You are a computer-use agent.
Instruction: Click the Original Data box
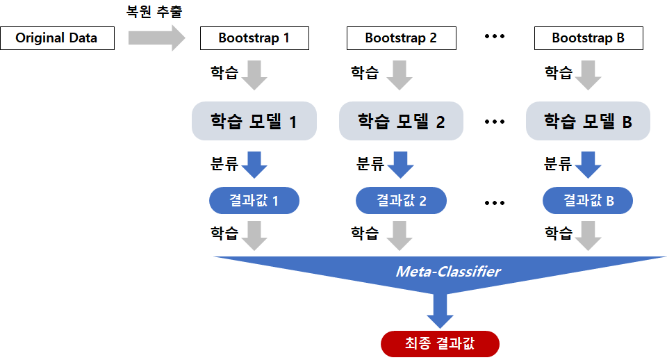[57, 38]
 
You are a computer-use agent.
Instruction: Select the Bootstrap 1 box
[254, 38]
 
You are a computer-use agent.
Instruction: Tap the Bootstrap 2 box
[401, 38]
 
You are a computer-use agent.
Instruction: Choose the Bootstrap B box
[588, 38]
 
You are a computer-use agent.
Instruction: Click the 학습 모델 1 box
[254, 122]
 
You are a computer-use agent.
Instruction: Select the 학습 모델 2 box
[401, 122]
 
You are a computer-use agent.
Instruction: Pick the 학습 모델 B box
[588, 122]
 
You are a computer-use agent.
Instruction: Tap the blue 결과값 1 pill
[254, 201]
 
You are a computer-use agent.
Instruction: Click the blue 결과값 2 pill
[401, 201]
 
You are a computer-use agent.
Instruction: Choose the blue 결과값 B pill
[588, 201]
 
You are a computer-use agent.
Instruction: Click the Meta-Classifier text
[448, 272]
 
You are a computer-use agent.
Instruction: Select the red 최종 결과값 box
[440, 343]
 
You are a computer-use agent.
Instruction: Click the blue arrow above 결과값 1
[254, 164]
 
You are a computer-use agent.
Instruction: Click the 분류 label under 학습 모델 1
[224, 164]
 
